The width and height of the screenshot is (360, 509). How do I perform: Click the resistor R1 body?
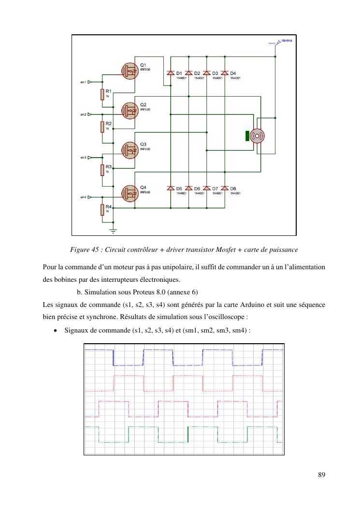(102, 94)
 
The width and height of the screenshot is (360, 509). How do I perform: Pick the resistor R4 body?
(102, 209)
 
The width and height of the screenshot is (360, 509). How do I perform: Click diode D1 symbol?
(170, 73)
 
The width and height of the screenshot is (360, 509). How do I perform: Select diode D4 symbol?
(225, 73)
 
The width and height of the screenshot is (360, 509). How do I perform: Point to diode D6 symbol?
(188, 188)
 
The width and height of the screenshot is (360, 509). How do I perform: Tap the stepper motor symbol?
(257, 136)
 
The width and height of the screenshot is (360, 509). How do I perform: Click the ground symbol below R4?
(113, 231)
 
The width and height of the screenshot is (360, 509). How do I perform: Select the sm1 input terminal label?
(83, 82)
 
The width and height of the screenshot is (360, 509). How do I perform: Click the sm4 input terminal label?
(83, 197)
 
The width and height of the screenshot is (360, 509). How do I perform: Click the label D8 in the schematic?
(233, 188)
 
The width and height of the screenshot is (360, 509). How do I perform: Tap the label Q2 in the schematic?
(143, 104)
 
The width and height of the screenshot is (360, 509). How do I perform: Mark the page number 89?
(321, 474)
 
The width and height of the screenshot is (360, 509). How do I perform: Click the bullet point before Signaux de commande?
(57, 331)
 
